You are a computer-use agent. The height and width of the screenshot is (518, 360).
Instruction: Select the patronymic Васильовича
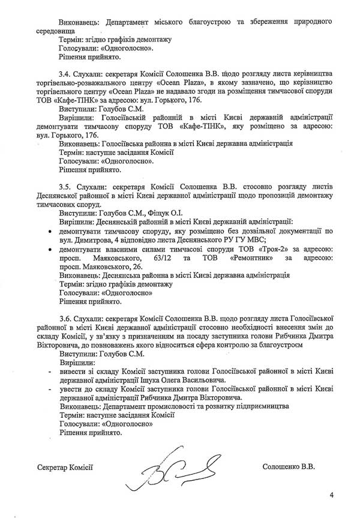199,381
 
